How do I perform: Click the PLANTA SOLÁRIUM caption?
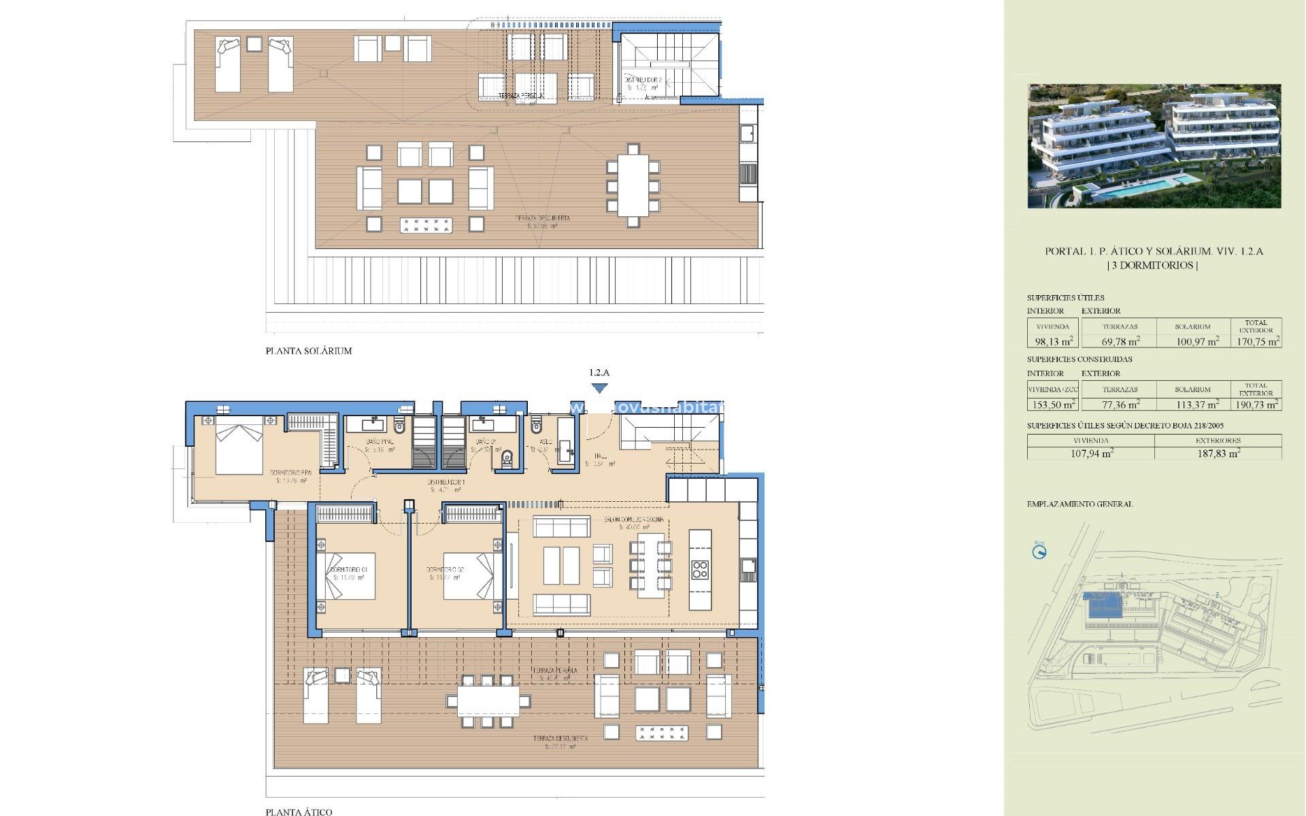tap(308, 351)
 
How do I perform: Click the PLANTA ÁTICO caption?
tap(299, 811)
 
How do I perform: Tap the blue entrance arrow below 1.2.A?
tap(599, 388)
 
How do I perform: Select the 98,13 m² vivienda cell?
tap(1054, 341)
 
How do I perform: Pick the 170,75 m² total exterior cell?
tap(1258, 341)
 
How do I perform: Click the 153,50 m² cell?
tap(1054, 405)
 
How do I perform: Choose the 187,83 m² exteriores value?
tap(1218, 454)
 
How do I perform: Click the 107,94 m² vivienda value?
tap(1091, 454)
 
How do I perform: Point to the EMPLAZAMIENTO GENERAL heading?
tap(1079, 504)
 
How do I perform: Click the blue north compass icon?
tap(1039, 551)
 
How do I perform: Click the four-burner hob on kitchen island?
tap(700, 570)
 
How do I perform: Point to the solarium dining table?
tap(633, 185)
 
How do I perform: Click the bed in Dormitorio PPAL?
tap(239, 449)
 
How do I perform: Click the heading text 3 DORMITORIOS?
tap(1153, 265)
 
